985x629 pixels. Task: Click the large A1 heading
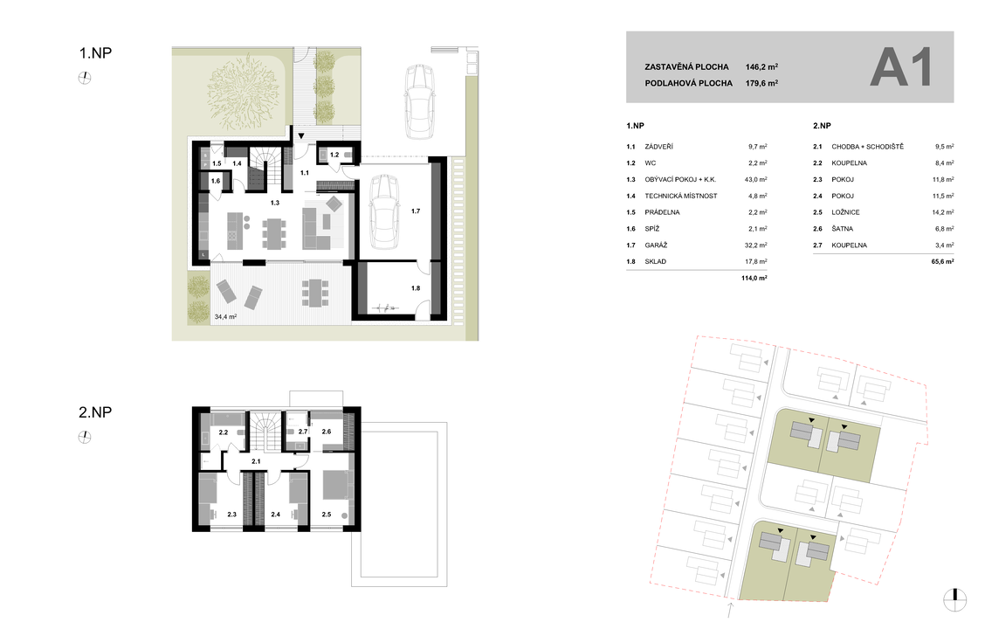(x=900, y=68)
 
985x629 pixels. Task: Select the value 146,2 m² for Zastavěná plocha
(x=762, y=66)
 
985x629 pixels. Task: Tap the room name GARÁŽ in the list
(x=656, y=245)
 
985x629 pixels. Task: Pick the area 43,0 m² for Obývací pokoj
(x=755, y=180)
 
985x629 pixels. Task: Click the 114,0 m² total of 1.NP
(x=754, y=278)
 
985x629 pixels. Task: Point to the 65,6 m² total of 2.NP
(x=942, y=261)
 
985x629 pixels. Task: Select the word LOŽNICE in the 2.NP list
(x=845, y=212)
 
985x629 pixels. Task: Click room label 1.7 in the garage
(x=416, y=211)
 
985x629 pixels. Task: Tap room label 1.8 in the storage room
(x=416, y=288)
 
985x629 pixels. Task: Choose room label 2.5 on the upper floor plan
(x=326, y=515)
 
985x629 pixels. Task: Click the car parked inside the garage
(x=384, y=211)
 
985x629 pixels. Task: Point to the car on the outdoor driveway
(x=420, y=102)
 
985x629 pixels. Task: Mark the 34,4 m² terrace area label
(x=225, y=317)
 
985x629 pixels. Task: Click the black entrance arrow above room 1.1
(x=301, y=135)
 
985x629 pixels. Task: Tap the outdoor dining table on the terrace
(x=314, y=293)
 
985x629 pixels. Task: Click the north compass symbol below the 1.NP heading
(x=85, y=78)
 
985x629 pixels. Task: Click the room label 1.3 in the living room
(x=274, y=203)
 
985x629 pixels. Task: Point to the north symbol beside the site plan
(x=954, y=599)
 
